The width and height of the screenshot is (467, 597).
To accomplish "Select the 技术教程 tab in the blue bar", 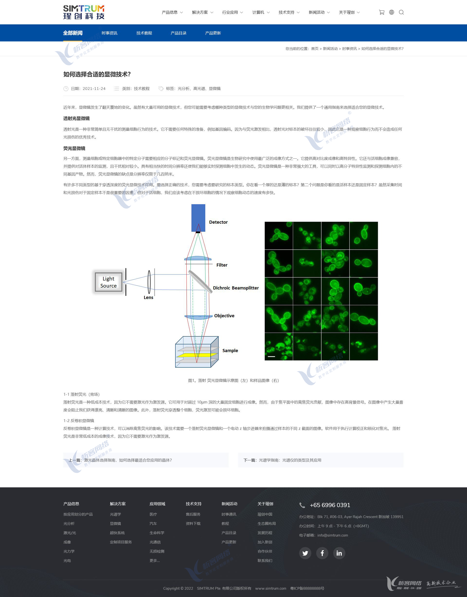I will (x=144, y=33).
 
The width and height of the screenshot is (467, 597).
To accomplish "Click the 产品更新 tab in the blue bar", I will (x=213, y=33).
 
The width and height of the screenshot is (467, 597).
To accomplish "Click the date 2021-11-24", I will (x=94, y=89).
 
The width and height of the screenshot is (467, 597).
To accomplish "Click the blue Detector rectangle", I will (x=198, y=218).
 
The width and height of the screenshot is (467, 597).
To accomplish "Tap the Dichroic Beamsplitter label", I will (x=236, y=288).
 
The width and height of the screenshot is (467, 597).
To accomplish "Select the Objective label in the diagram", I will (x=224, y=316).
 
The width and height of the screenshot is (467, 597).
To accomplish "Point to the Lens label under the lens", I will (x=148, y=298).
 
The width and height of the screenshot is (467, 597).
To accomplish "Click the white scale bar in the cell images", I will (x=271, y=356).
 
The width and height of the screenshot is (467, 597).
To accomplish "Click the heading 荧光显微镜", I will (x=74, y=148).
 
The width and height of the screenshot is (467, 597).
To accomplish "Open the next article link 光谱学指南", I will (x=290, y=460).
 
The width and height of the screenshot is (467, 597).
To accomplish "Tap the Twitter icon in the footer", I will (x=305, y=553).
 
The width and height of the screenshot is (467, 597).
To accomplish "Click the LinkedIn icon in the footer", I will (x=339, y=553).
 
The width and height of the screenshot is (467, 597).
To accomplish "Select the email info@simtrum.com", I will (x=332, y=535).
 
